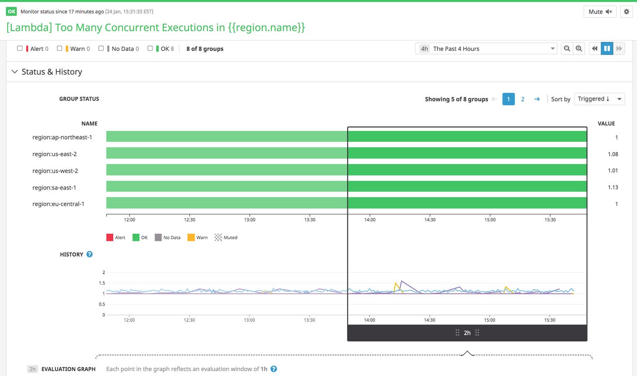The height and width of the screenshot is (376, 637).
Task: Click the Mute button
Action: tap(600, 12)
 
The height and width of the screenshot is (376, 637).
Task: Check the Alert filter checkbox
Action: tap(20, 48)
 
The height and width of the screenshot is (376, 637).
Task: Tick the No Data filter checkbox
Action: tap(101, 48)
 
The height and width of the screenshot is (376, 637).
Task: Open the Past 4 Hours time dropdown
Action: tap(485, 49)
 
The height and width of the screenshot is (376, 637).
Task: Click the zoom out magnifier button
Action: tap(566, 49)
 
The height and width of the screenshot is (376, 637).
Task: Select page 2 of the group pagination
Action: tap(522, 99)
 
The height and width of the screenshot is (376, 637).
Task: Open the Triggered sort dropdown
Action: tap(599, 99)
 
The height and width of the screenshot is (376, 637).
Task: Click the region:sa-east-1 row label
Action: tap(54, 187)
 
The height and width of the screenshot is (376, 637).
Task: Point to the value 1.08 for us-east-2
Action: tap(612, 154)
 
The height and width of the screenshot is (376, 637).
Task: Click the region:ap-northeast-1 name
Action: tap(62, 137)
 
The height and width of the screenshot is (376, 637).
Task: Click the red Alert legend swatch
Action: tap(110, 237)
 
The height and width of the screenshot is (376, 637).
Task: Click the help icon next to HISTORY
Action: tap(90, 254)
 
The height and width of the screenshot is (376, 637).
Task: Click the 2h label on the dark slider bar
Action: tap(467, 333)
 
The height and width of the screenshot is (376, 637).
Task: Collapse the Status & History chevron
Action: tap(15, 72)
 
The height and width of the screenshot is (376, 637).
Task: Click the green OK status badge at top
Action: tap(11, 11)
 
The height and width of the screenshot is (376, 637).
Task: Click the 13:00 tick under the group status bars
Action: tap(249, 220)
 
